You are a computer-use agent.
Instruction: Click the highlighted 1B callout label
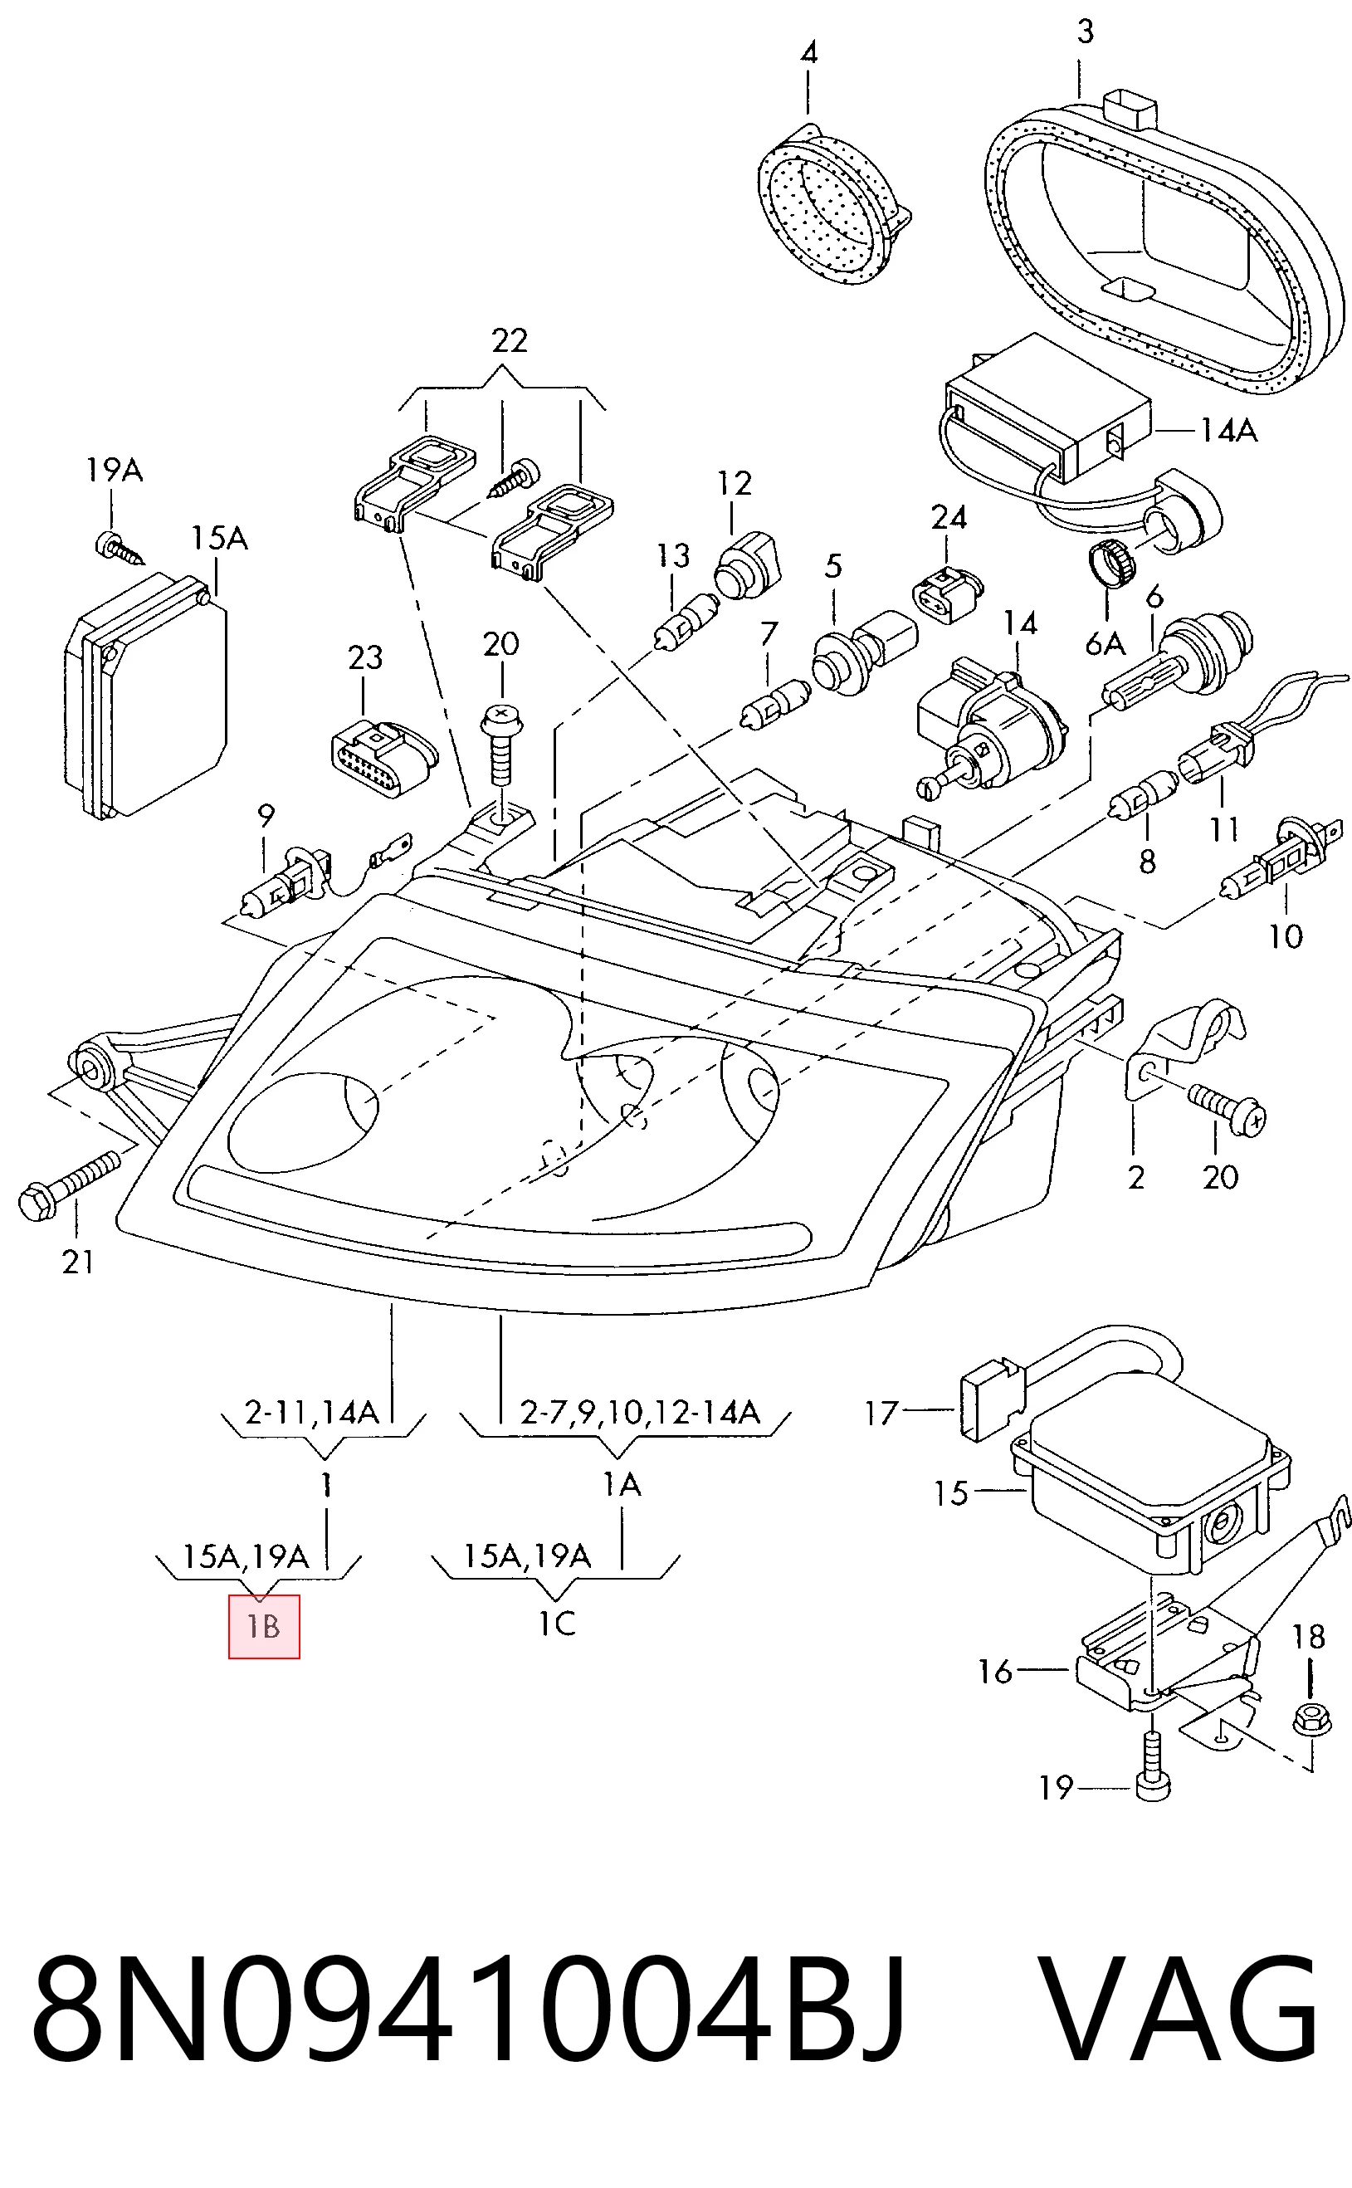point(264,1626)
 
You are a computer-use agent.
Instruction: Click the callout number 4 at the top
point(808,53)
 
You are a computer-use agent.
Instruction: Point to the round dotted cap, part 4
point(832,206)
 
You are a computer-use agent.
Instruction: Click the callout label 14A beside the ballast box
point(1228,431)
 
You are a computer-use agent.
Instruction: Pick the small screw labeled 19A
point(120,548)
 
